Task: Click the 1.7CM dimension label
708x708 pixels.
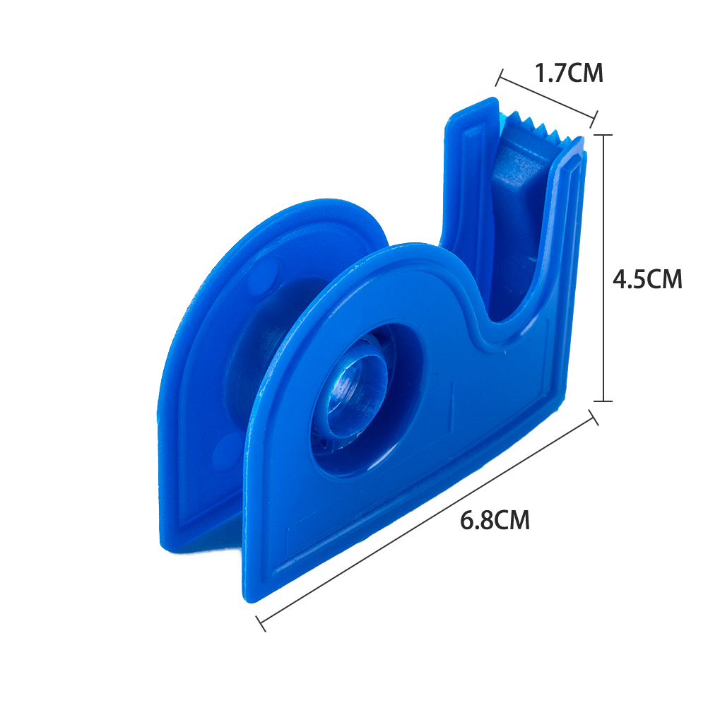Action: pos(569,73)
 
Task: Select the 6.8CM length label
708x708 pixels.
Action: pos(495,520)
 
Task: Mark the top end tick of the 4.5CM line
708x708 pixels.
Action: pos(603,135)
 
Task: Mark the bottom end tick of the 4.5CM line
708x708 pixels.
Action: pos(603,401)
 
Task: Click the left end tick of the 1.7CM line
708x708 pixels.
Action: pos(499,78)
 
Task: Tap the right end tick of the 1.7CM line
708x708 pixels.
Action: pos(594,119)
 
